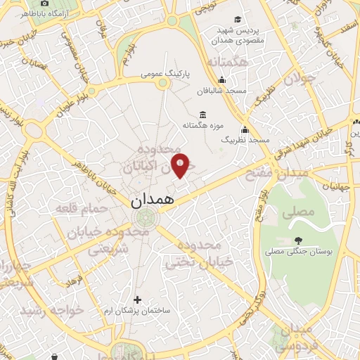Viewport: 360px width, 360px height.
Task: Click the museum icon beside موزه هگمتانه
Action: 203,115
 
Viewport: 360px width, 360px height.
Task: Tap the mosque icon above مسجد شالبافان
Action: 222,79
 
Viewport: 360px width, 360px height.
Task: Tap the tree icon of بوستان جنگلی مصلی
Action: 300,240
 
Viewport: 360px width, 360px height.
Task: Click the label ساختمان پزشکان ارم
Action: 137,310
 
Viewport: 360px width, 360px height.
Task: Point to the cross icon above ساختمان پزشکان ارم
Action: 137,300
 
